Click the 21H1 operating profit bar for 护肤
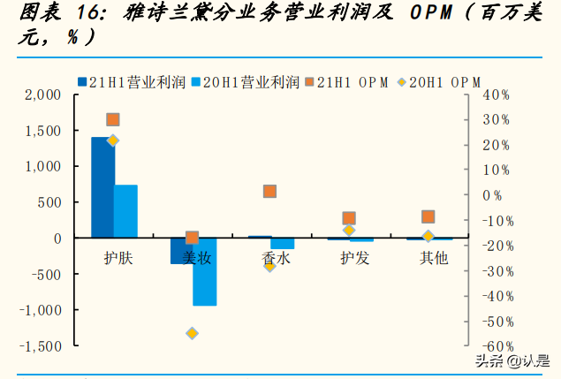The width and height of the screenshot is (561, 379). [102, 187]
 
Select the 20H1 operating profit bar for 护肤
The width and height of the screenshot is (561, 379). [125, 211]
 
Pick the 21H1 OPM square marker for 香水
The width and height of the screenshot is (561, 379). [269, 192]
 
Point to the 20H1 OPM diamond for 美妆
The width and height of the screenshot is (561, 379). [192, 333]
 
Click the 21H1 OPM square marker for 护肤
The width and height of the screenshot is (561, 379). [112, 119]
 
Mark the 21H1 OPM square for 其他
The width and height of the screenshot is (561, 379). [428, 216]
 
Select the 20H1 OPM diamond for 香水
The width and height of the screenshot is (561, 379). [269, 264]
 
